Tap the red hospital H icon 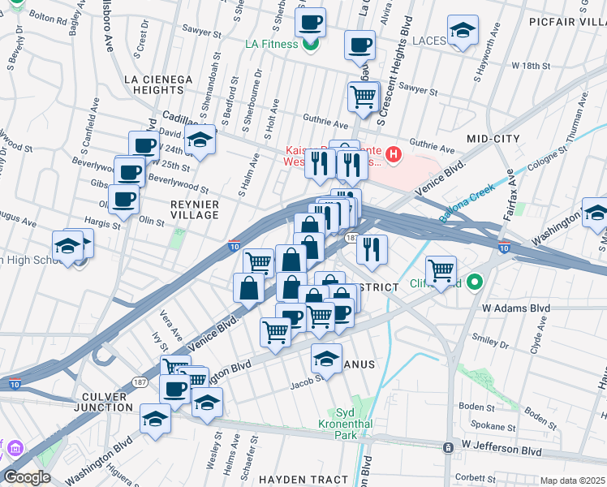(x=394, y=153)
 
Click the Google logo (x=26, y=477)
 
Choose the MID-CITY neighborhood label (x=493, y=139)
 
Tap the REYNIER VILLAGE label (x=183, y=209)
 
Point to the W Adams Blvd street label (x=516, y=308)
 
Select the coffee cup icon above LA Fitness (x=310, y=22)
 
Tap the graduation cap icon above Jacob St (x=326, y=357)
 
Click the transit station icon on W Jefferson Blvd (x=448, y=447)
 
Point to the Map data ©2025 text (x=570, y=481)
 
